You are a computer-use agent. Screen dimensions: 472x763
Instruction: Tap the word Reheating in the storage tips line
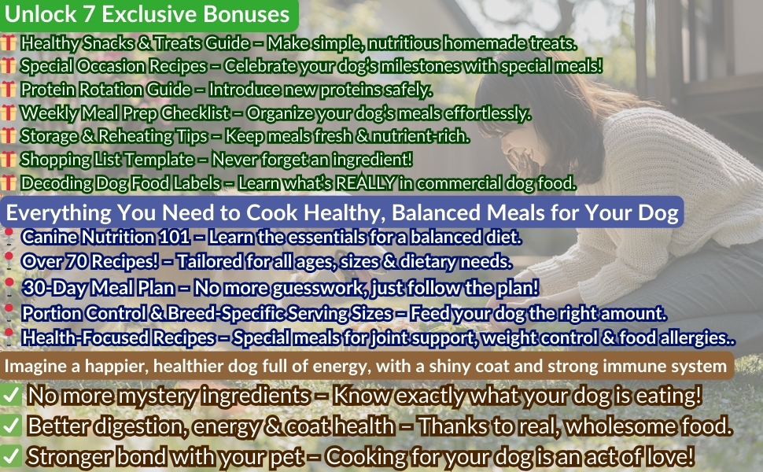pos(121,136)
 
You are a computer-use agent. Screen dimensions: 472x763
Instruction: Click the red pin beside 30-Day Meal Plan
pos(9,286)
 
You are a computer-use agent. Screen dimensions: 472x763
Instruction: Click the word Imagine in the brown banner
pos(35,366)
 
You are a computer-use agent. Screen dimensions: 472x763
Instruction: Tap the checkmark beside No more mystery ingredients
pos(11,396)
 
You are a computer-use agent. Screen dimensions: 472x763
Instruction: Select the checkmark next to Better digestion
pos(11,426)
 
